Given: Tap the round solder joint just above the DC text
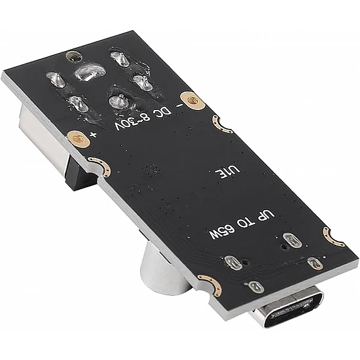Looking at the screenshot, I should [119, 102].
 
